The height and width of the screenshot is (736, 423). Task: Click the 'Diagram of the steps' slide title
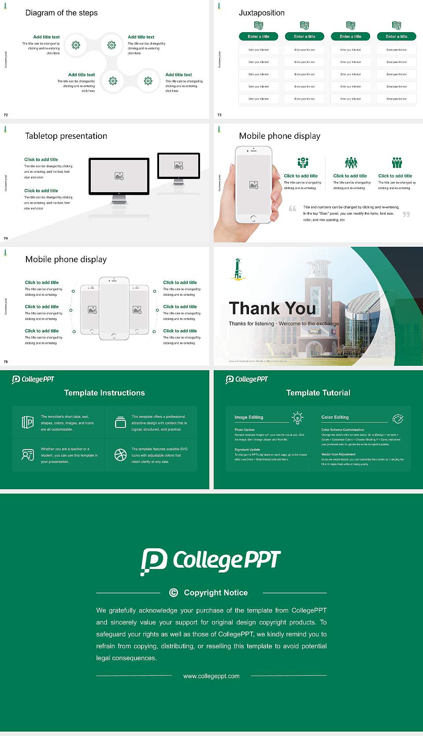(61, 13)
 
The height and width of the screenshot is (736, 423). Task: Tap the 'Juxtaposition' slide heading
(262, 13)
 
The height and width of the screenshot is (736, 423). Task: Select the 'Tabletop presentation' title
(66, 136)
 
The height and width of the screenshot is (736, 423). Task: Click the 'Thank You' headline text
(272, 308)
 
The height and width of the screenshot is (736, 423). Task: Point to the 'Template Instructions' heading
(104, 393)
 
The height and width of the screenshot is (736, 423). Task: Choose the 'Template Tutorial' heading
(318, 393)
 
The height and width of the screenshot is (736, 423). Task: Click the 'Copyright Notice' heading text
(215, 593)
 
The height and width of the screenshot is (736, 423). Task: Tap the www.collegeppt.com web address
(211, 676)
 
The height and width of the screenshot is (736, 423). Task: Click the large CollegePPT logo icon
(154, 561)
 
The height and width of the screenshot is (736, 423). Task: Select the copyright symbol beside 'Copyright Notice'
(174, 593)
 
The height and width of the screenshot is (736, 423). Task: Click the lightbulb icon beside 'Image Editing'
(297, 417)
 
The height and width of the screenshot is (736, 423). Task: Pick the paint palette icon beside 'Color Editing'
(398, 418)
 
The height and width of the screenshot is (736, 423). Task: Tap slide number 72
(6, 115)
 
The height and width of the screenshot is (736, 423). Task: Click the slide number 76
(6, 362)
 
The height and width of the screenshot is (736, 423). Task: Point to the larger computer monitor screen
(119, 176)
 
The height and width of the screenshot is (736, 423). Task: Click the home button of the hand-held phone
(253, 218)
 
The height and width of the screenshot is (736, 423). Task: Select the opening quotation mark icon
(292, 208)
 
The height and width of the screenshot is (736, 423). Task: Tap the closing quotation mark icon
(406, 214)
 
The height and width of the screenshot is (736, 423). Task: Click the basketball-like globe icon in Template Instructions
(120, 455)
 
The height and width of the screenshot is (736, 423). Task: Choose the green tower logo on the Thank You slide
(238, 269)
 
